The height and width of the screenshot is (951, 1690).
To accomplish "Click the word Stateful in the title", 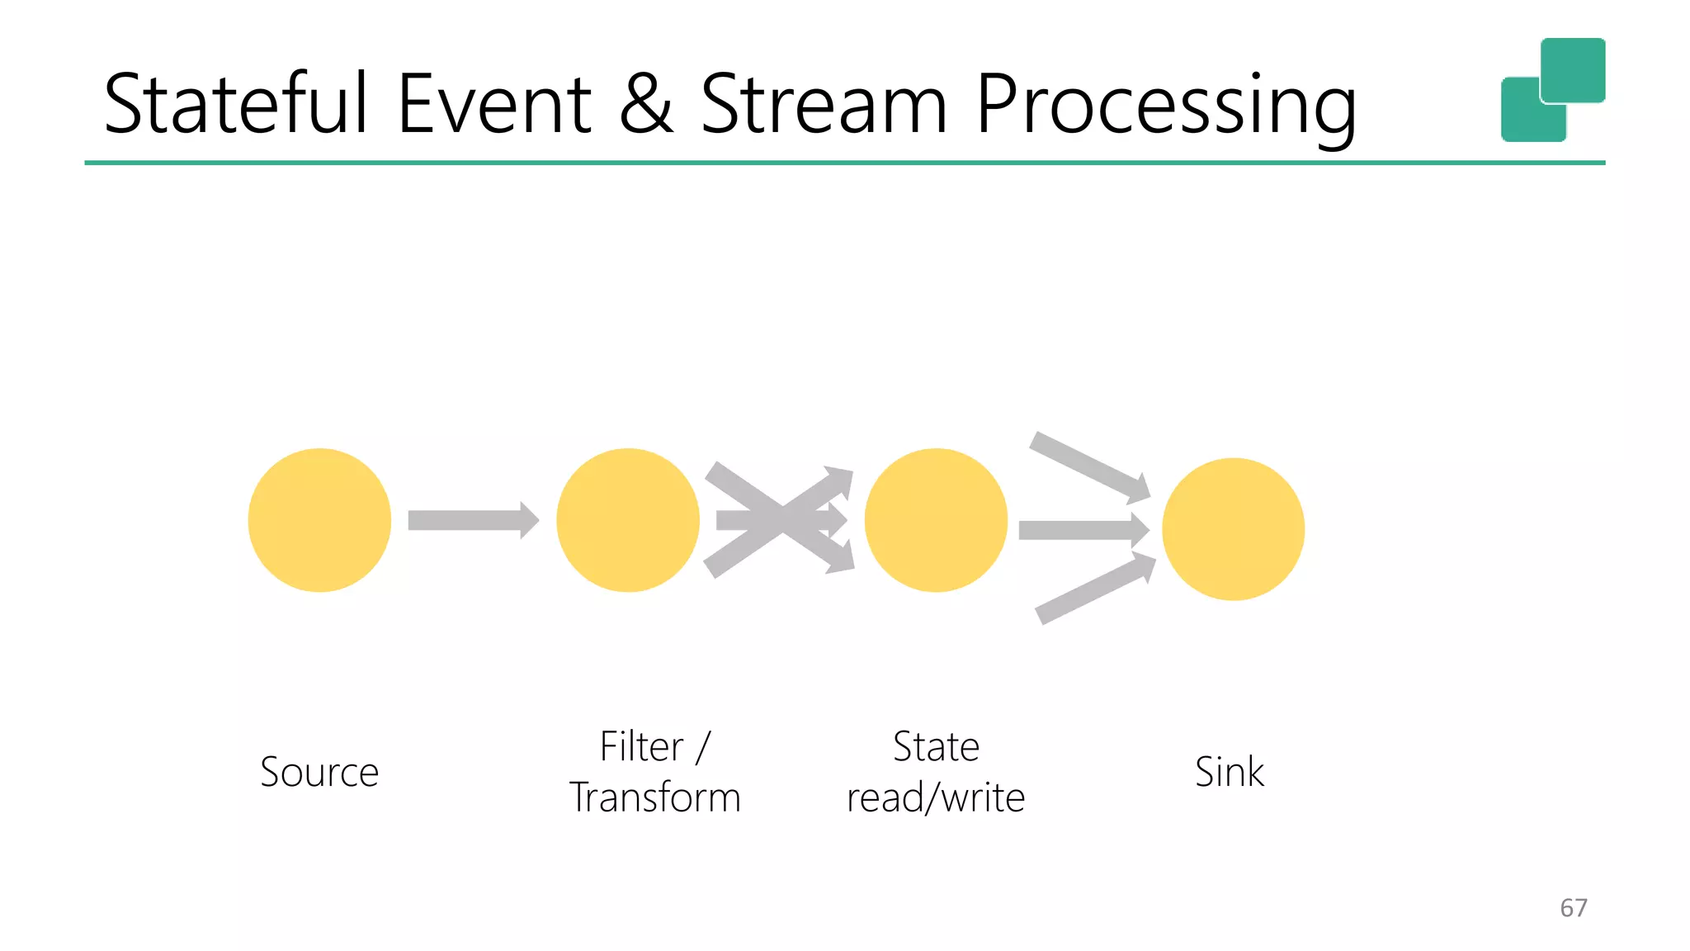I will point(235,104).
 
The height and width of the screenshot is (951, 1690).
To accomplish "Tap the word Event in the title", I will point(494,104).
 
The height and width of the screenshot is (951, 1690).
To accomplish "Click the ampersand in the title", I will point(645,104).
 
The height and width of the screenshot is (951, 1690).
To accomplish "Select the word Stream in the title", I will point(824,104).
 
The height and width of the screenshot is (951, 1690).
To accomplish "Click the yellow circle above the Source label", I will point(319,520).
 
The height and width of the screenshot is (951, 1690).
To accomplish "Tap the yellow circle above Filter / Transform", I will point(627,520).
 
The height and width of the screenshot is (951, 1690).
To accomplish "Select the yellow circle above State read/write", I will point(936,520).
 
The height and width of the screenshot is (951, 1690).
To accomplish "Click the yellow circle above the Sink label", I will point(1233,529).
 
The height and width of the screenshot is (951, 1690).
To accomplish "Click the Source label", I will point(319,773).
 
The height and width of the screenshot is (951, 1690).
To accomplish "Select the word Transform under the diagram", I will point(655,798).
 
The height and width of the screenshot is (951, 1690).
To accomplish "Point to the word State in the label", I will point(936,747).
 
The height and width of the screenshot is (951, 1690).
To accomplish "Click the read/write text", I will point(936,798).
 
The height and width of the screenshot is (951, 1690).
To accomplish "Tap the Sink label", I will point(1229,773).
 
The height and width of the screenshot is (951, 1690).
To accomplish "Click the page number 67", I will point(1573,908).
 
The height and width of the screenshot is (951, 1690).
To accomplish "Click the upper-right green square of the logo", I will point(1573,69).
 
